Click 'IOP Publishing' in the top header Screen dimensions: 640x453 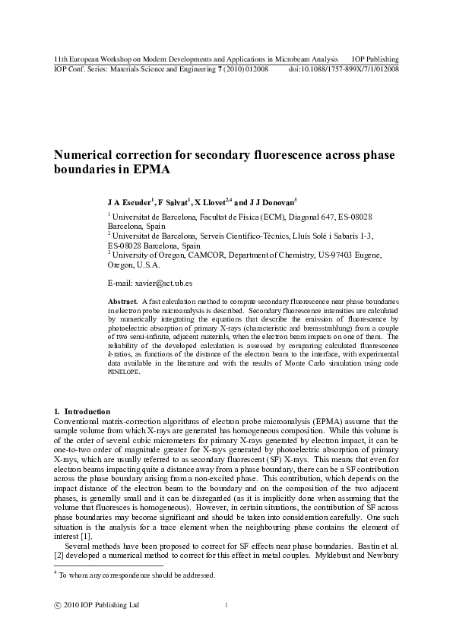[376, 59]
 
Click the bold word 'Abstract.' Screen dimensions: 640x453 [124, 302]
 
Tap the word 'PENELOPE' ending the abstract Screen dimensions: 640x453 [124, 373]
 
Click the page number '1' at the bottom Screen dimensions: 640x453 [226, 605]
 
